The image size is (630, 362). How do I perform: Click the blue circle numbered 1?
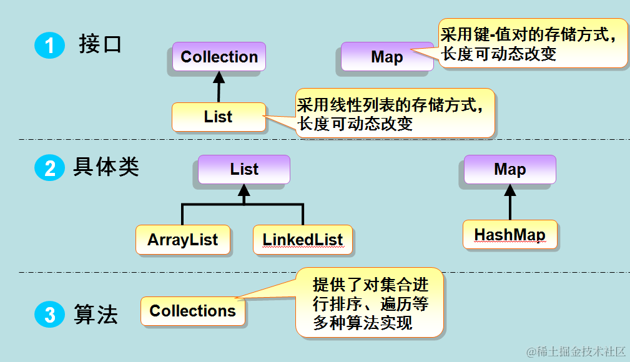click(49, 46)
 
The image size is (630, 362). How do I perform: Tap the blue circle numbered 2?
click(49, 169)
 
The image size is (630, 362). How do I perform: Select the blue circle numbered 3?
click(49, 314)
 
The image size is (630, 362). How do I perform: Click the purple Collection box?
click(219, 57)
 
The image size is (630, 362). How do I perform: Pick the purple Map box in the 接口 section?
click(386, 57)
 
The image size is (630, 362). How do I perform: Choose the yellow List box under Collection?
click(218, 117)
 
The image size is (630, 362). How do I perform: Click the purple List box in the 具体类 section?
click(244, 169)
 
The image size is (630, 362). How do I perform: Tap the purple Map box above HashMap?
click(509, 169)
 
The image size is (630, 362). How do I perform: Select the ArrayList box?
click(183, 240)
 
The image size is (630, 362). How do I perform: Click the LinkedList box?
click(303, 240)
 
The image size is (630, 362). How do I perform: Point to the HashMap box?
click(509, 235)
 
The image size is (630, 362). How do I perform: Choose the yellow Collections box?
click(193, 311)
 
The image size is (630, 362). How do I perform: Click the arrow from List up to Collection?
click(219, 87)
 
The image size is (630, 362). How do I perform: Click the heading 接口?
click(100, 45)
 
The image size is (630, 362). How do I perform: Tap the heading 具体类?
click(106, 167)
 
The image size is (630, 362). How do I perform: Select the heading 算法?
click(96, 314)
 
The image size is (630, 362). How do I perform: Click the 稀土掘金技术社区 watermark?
click(575, 351)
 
